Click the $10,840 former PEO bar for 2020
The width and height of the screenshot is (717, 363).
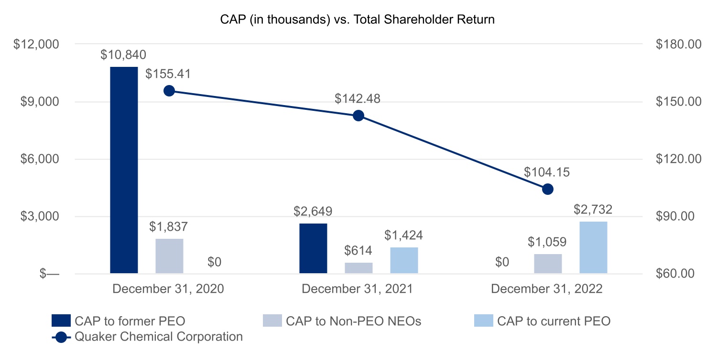click(x=124, y=170)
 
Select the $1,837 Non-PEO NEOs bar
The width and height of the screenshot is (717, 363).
click(x=169, y=256)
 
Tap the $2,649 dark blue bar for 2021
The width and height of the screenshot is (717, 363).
click(x=313, y=248)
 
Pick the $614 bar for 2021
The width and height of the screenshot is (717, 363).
click(x=358, y=268)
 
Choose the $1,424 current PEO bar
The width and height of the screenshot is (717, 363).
click(x=404, y=260)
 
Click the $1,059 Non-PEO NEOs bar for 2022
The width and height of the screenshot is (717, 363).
click(x=548, y=264)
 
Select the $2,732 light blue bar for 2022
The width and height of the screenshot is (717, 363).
click(x=593, y=247)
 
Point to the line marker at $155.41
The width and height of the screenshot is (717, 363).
click(x=169, y=91)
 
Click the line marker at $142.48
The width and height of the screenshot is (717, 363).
click(x=358, y=116)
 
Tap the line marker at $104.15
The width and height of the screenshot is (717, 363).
click(x=548, y=189)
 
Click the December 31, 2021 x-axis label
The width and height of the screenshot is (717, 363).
click(x=357, y=289)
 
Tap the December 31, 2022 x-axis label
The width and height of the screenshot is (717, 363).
click(x=546, y=289)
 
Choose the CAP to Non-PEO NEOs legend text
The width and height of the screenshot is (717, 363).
click(x=353, y=321)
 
